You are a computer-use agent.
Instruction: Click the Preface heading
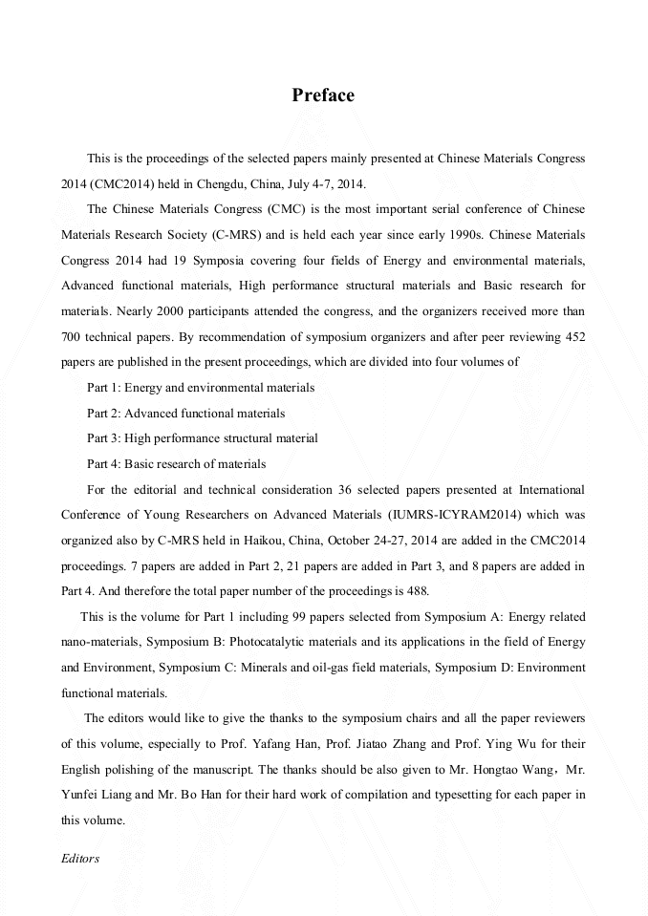[x=323, y=96]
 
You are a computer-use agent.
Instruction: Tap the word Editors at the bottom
[x=80, y=858]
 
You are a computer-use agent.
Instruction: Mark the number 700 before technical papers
[x=73, y=336]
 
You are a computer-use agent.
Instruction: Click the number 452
[x=575, y=336]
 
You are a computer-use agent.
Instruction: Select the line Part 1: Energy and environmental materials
[x=201, y=387]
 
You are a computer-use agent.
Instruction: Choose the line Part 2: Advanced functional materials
[x=186, y=413]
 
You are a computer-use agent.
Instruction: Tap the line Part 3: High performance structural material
[x=203, y=438]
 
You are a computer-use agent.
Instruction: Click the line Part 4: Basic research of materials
[x=177, y=464]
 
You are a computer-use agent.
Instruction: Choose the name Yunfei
[x=80, y=795]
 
